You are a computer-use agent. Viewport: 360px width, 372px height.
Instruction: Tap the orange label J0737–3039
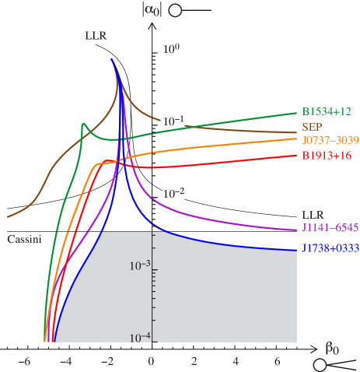tap(329, 141)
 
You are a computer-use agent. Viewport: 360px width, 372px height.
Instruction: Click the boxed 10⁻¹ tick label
tap(173, 121)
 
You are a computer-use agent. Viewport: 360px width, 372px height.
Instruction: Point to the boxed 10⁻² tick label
tap(173, 193)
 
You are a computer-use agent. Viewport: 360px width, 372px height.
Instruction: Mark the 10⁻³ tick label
tap(140, 265)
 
